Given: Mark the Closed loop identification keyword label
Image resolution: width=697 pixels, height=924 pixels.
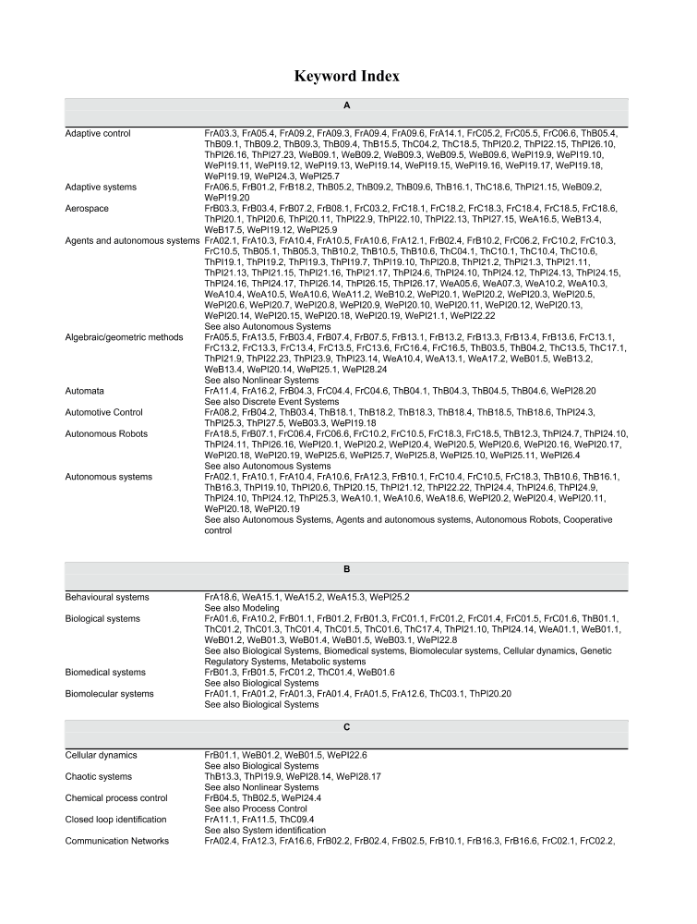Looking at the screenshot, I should click(x=116, y=820).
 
